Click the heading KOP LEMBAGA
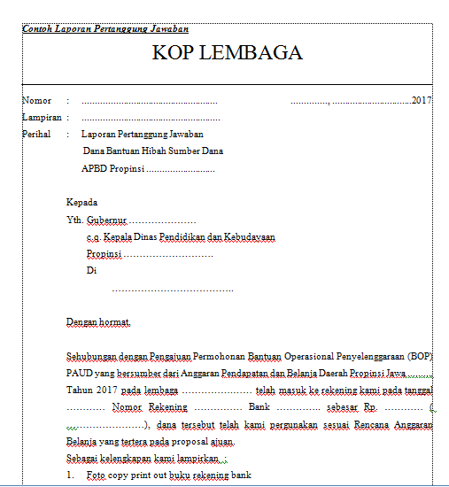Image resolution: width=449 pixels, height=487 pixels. tap(228, 52)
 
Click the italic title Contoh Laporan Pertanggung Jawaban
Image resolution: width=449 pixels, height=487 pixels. tap(105, 28)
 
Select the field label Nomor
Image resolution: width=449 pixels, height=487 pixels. tap(36, 101)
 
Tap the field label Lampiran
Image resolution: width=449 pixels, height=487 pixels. tap(41, 118)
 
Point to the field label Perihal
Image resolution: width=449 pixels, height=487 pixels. tap(38, 135)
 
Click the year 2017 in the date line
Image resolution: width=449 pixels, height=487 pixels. tap(422, 101)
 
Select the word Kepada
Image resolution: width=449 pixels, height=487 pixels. tap(82, 202)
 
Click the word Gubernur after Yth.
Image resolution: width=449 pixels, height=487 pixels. tap(107, 220)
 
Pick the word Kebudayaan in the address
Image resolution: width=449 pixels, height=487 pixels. tap(244, 237)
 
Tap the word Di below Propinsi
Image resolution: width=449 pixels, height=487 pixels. tap(91, 271)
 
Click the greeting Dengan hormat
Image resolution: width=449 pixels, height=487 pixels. tap(98, 321)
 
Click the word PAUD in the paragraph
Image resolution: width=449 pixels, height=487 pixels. tap(80, 373)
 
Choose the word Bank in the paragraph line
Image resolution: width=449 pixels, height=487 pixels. tap(259, 406)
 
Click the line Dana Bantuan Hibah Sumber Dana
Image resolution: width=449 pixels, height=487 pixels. tap(152, 151)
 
